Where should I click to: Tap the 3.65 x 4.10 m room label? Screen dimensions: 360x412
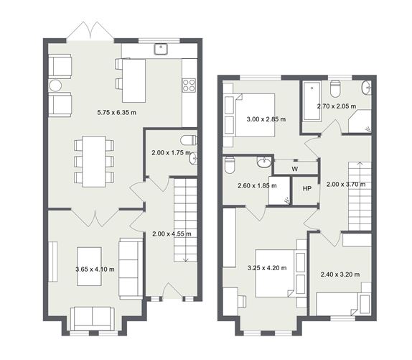95,269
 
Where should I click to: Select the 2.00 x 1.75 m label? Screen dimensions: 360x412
171,152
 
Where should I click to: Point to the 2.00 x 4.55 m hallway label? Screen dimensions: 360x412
172,234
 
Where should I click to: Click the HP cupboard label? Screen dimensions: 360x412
306,188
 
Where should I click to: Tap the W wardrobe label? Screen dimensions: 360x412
295,170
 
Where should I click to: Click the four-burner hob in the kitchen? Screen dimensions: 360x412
189,86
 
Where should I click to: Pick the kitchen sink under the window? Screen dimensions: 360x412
161,50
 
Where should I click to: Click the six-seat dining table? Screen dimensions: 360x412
94,161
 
